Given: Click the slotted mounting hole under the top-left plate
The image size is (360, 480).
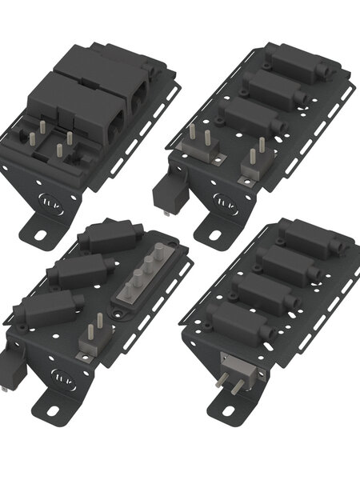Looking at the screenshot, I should [x=38, y=235].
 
